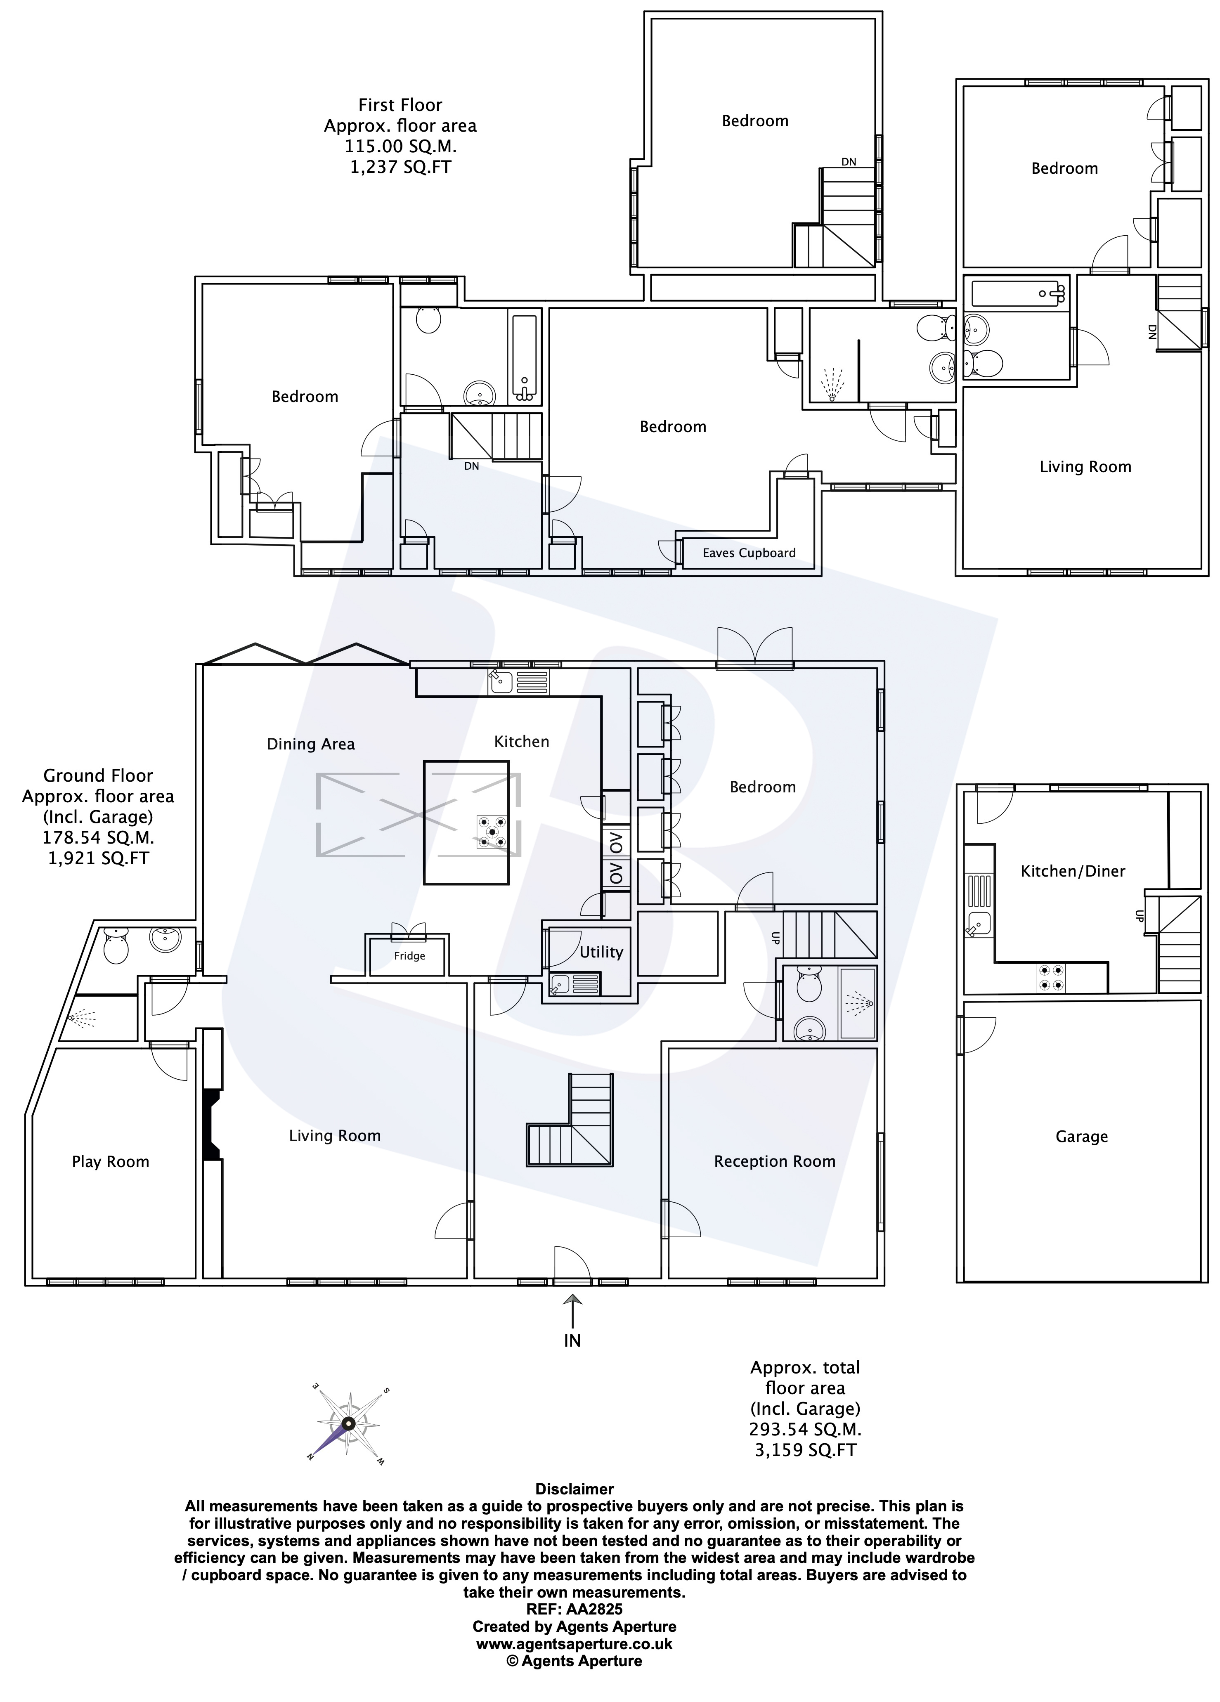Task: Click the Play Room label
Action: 110,1162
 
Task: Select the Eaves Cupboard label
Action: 749,553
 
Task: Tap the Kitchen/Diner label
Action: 1073,871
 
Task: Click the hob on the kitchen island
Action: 492,832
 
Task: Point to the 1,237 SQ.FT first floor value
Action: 401,167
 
